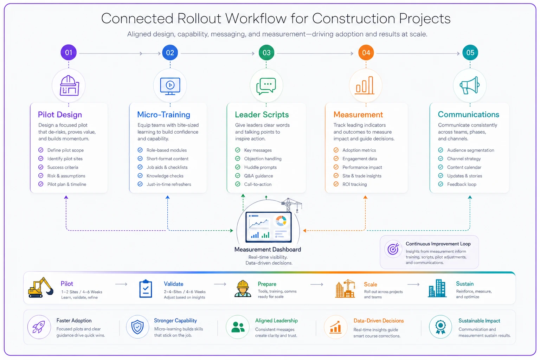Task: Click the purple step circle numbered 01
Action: pyautogui.click(x=69, y=53)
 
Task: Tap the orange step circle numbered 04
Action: pyautogui.click(x=366, y=53)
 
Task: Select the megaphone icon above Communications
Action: pyautogui.click(x=470, y=85)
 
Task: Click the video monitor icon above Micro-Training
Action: pyautogui.click(x=170, y=86)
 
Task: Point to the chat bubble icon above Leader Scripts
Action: pyautogui.click(x=266, y=86)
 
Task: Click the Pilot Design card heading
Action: pyautogui.click(x=60, y=115)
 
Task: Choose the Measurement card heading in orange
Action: pyautogui.click(x=358, y=115)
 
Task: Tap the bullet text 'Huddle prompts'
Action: pyautogui.click(x=261, y=167)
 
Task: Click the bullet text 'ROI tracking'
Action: pyautogui.click(x=355, y=185)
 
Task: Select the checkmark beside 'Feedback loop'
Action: pyautogui.click(x=441, y=184)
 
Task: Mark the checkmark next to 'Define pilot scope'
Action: pyautogui.click(x=41, y=150)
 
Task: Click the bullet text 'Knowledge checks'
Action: pyautogui.click(x=165, y=176)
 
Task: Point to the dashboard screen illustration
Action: pyautogui.click(x=269, y=227)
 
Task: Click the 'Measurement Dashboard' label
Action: pyautogui.click(x=268, y=250)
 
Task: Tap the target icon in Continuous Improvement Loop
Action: pyautogui.click(x=393, y=249)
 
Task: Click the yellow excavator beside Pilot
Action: pyautogui.click(x=41, y=288)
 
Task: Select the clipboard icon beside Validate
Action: pyautogui.click(x=146, y=289)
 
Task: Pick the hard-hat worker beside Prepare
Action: pyautogui.click(x=243, y=289)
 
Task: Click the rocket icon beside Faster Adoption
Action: pyautogui.click(x=39, y=327)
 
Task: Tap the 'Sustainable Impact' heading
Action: pyautogui.click(x=479, y=321)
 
